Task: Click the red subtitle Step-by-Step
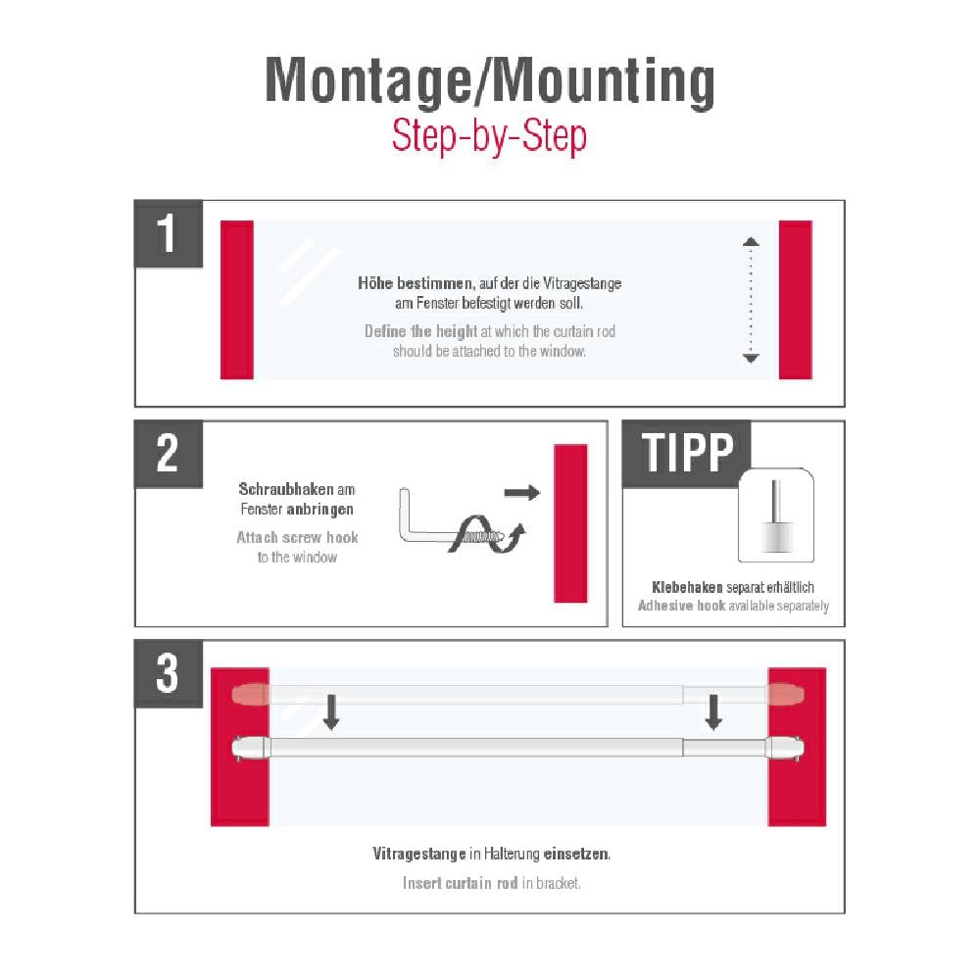point(489,135)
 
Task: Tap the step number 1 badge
point(169,234)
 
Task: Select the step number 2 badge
point(169,454)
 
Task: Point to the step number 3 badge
point(169,674)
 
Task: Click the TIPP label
point(687,453)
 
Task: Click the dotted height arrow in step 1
point(751,300)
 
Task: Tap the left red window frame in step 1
point(237,299)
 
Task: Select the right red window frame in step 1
point(796,299)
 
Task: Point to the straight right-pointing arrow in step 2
point(522,493)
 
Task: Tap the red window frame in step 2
point(570,523)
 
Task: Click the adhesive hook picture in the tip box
point(775,515)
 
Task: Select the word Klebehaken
point(687,587)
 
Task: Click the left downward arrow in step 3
point(331,711)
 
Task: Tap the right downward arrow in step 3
point(713,711)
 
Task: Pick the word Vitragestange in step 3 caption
point(418,854)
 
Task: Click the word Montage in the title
point(368,80)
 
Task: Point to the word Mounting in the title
point(600,82)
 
